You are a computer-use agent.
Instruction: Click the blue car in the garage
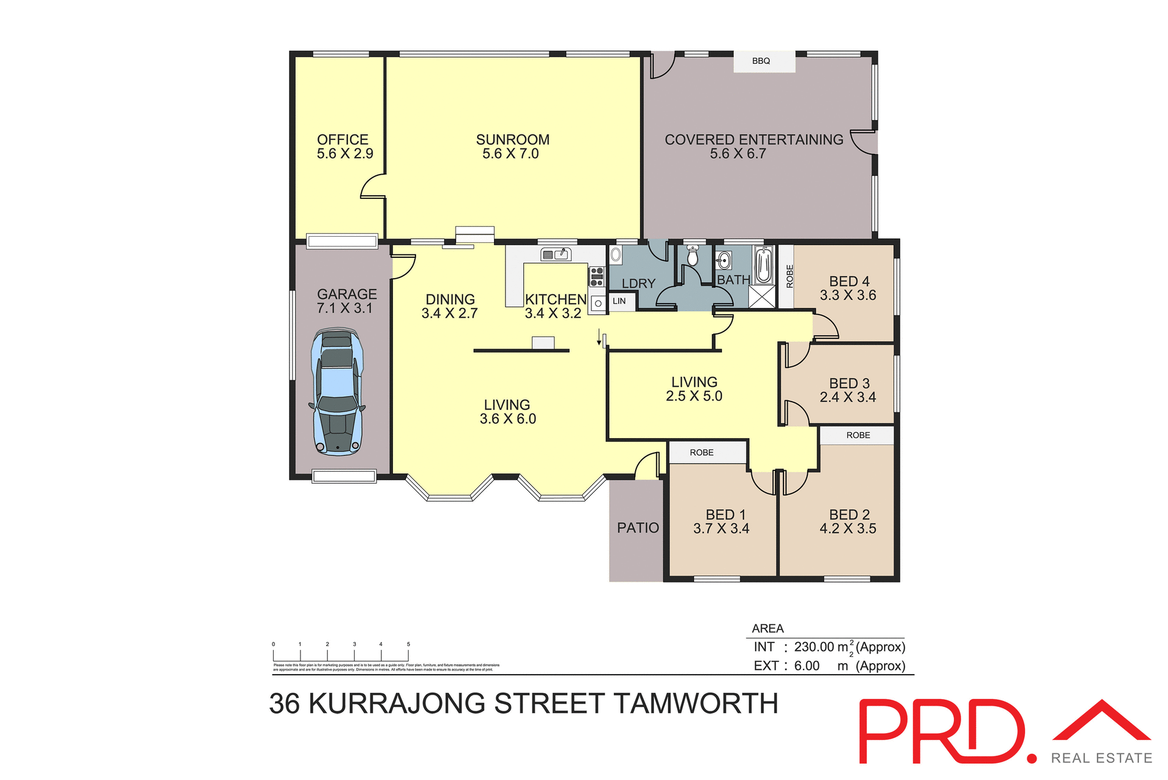338,392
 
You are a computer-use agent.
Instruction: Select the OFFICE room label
342,140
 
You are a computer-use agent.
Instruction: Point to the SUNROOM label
512,140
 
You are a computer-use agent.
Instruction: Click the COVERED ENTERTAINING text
754,140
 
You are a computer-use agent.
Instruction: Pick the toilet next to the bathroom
692,256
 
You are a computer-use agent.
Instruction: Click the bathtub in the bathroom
763,265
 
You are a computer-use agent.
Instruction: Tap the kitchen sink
555,254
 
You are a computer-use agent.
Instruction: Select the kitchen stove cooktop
597,276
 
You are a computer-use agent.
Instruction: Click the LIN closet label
619,301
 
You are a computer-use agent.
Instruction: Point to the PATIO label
638,528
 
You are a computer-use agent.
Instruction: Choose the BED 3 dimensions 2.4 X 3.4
847,397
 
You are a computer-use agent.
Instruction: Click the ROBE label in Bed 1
701,453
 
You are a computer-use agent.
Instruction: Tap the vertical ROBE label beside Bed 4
790,276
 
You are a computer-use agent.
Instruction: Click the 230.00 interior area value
814,647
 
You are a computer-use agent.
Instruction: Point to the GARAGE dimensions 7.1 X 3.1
344,308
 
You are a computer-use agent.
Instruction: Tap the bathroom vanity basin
723,261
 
